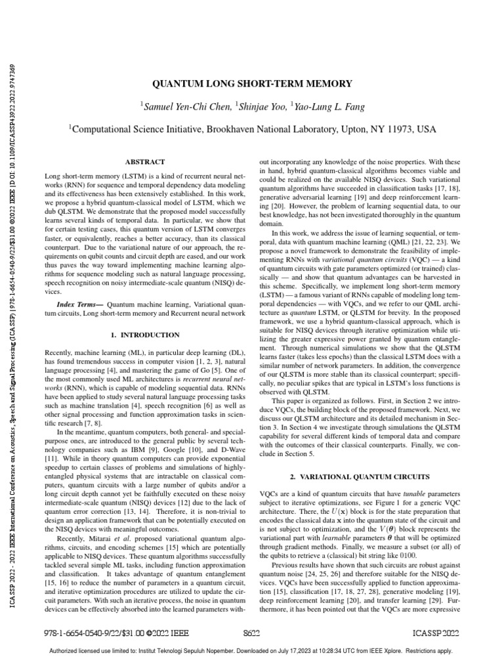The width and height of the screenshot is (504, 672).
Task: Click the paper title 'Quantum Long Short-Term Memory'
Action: (252, 84)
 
